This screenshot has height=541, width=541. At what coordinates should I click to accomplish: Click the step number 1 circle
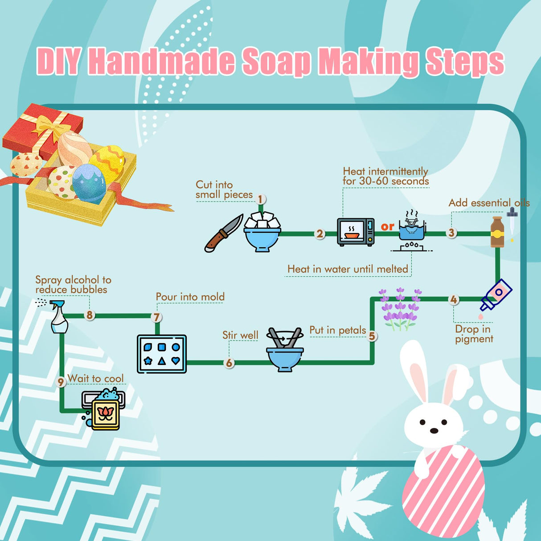click(261, 199)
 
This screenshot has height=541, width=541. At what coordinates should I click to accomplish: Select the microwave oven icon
click(356, 232)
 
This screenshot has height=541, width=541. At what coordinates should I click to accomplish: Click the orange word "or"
click(387, 226)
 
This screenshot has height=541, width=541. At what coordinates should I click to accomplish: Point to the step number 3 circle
click(451, 233)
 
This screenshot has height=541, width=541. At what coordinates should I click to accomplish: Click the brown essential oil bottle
click(497, 232)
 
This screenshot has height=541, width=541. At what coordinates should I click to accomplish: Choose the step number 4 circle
click(454, 299)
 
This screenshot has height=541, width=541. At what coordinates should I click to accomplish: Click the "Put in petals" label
click(337, 330)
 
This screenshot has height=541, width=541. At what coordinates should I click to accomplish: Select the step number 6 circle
click(229, 363)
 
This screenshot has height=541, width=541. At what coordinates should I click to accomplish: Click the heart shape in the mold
click(176, 361)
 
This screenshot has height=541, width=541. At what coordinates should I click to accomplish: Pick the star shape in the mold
click(148, 361)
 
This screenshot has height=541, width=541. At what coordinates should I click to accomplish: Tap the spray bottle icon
click(59, 317)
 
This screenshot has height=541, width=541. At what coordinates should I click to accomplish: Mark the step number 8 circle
click(90, 315)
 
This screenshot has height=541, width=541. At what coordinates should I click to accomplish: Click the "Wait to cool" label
click(95, 379)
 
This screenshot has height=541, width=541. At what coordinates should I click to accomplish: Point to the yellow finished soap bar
click(105, 414)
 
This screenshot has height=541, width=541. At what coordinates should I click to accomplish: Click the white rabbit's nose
click(434, 430)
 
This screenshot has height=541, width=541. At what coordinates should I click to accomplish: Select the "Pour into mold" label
click(190, 297)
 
